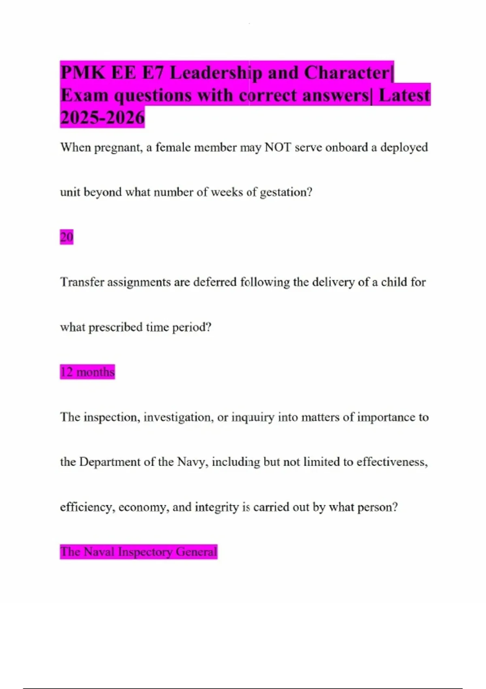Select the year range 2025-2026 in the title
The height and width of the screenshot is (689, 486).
pos(102,118)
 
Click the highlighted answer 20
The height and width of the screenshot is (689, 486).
pos(67,237)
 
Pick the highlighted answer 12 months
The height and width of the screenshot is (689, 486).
pos(87,372)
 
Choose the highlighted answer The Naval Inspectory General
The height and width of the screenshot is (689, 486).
pos(139,552)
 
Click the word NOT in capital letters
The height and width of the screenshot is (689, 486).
pos(278,147)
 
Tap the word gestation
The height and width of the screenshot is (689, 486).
pos(286,192)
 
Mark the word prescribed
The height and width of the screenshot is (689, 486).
pos(115,327)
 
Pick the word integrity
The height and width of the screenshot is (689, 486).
pos(217,507)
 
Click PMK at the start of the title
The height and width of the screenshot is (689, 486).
pos(83,73)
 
